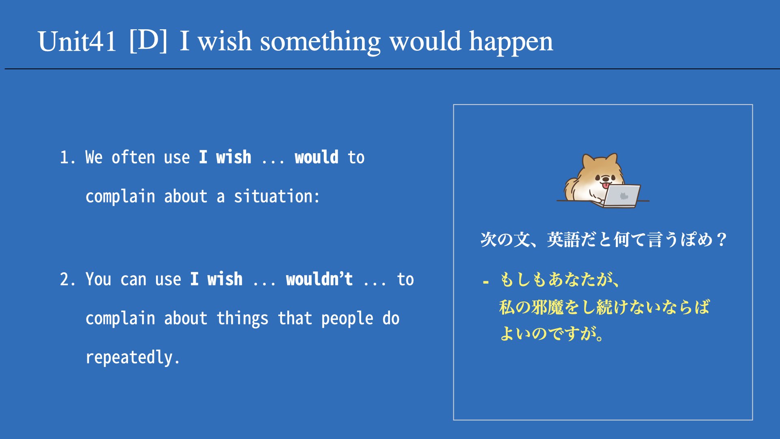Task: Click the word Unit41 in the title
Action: point(77,41)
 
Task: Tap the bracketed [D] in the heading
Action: point(148,41)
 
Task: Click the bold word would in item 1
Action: point(316,157)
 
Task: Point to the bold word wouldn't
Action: point(319,279)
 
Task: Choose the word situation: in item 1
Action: point(277,196)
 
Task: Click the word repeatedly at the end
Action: point(132,358)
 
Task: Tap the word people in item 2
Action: point(347,319)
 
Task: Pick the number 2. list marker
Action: point(67,280)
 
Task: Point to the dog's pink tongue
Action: point(606,185)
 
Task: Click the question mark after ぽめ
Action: point(722,239)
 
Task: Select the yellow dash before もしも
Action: point(485,281)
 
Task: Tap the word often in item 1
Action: point(133,157)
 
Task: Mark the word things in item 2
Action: point(242,319)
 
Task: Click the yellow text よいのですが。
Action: point(552,333)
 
